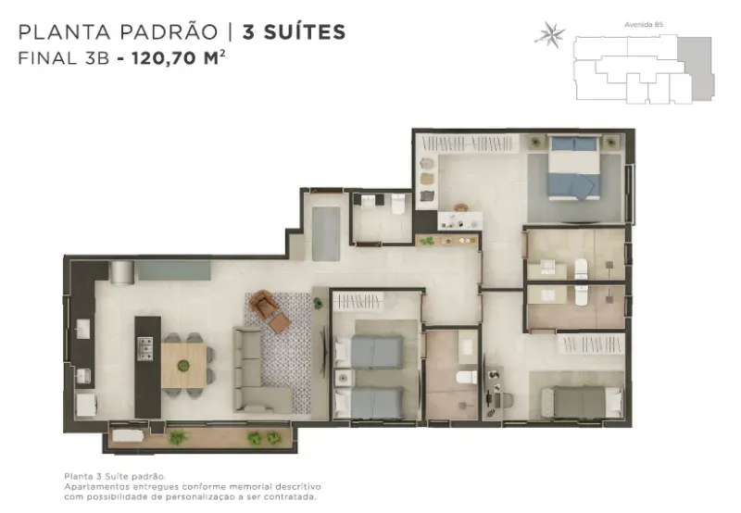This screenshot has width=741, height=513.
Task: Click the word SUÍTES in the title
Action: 294,32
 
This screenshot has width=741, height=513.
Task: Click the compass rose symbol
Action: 549,34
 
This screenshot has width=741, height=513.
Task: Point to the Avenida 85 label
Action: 644,25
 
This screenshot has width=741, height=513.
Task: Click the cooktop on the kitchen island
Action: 145,348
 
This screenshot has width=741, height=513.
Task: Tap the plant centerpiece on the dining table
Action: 182,365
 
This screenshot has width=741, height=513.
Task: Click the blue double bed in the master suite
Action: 574,168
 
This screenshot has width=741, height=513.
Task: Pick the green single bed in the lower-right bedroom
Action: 582,402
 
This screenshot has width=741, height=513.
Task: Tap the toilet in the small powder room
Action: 398,204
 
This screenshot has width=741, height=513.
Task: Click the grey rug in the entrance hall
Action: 326,233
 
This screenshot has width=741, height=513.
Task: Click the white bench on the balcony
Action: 128,435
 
